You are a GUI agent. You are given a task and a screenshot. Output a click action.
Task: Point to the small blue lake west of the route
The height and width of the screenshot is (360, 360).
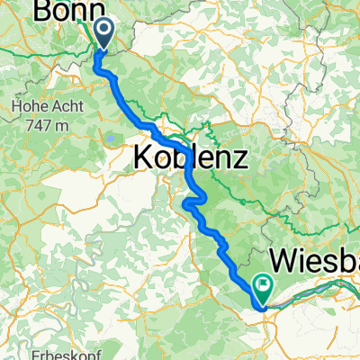tap(107, 137)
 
